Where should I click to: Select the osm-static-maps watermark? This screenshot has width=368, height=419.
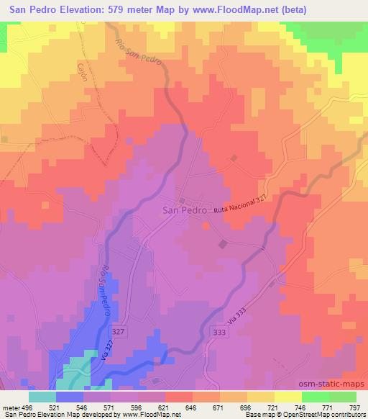331,385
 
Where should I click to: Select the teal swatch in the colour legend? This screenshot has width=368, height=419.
42,396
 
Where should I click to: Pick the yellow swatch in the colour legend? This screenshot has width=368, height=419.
287,396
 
